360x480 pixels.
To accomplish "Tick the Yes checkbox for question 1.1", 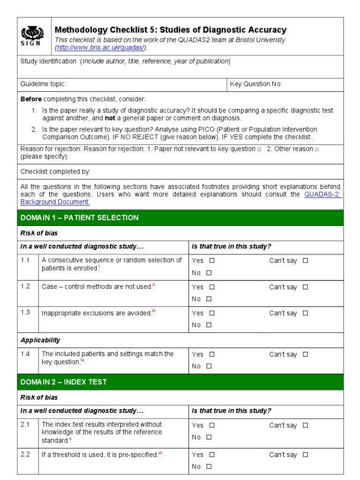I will click(x=212, y=261).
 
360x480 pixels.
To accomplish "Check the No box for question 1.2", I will click(x=209, y=299).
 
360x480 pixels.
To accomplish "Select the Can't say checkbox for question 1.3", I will click(x=306, y=313).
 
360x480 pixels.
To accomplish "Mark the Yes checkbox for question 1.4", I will click(x=212, y=354).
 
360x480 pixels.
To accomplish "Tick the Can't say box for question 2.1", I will click(x=306, y=426).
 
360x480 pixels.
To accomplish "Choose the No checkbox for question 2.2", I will click(x=209, y=466).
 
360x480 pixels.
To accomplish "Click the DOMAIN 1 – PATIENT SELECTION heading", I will click(x=79, y=217).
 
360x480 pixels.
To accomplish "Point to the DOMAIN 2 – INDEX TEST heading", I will click(x=63, y=382).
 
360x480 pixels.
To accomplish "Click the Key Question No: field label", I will click(x=255, y=84).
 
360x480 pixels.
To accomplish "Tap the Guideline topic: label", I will click(x=43, y=84).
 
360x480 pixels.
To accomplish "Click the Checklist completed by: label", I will click(x=55, y=172).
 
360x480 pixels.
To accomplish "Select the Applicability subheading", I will click(x=40, y=340).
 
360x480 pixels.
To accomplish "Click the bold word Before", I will click(x=31, y=99).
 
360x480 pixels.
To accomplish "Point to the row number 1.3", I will click(x=25, y=313).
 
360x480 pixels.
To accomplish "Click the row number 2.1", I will click(x=25, y=425).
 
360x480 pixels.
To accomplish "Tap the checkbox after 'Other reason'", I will click(x=317, y=149).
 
